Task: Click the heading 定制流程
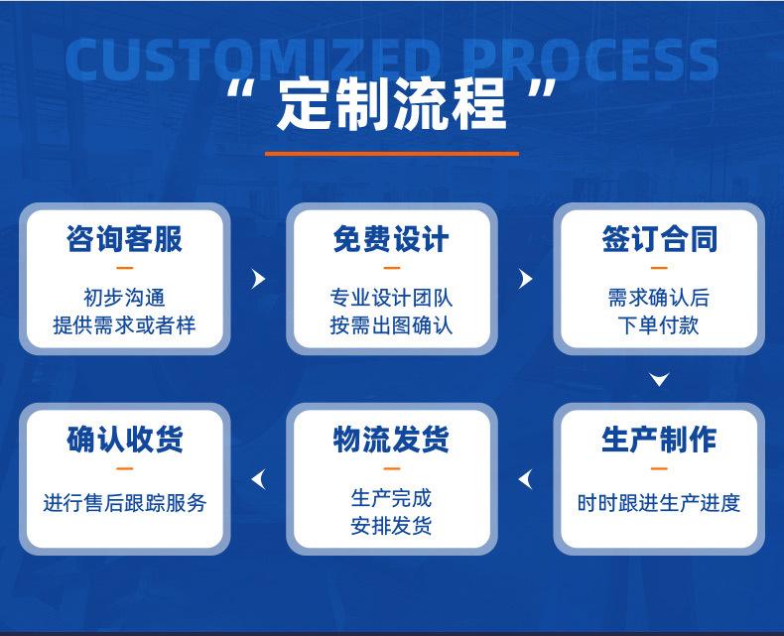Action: tap(391, 104)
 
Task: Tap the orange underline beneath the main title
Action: tap(391, 154)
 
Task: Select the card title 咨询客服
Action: tap(124, 239)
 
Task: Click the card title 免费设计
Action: tap(391, 239)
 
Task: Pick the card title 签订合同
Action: tap(659, 239)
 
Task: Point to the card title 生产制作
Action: tap(659, 440)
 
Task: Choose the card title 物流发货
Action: tap(391, 440)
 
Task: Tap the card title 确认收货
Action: tap(124, 440)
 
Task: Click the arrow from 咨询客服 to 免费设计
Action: tap(259, 279)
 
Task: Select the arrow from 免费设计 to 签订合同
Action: tap(526, 279)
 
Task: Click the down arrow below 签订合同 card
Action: tap(659, 379)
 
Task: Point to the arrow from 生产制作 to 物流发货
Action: tap(526, 480)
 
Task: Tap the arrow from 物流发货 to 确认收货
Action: tap(259, 480)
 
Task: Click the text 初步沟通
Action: tap(124, 298)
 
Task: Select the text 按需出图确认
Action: tap(391, 324)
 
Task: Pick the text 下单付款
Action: tap(659, 324)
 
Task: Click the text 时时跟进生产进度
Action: tap(659, 503)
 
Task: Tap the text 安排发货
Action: tap(391, 526)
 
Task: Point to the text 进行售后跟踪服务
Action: tap(124, 503)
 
